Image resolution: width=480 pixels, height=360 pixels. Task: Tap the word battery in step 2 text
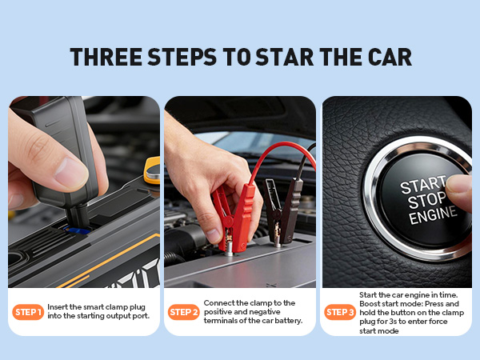click(x=286, y=321)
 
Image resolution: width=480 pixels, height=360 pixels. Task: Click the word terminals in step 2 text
click(x=224, y=321)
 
